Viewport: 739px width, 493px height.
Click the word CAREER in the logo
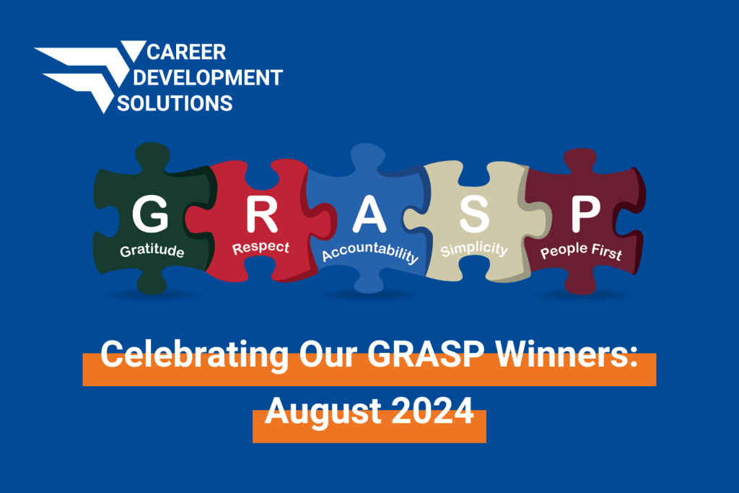tap(186, 52)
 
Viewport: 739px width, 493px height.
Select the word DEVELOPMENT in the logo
tap(208, 78)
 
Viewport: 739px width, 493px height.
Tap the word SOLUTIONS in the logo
tap(175, 103)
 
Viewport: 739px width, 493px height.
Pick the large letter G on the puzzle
tap(150, 214)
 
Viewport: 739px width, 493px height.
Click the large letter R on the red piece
tap(261, 214)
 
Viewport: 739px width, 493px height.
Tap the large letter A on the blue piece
tap(369, 214)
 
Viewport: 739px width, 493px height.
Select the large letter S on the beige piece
tap(474, 214)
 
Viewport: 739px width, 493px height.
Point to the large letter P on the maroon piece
tap(586, 214)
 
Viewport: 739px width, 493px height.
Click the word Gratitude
tap(152, 250)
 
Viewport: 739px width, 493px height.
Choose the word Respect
tap(261, 248)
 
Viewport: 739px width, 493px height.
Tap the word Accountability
tap(370, 253)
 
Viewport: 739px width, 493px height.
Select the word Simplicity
tap(474, 249)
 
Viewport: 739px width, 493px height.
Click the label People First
tap(581, 251)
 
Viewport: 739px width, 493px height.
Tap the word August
tap(323, 411)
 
